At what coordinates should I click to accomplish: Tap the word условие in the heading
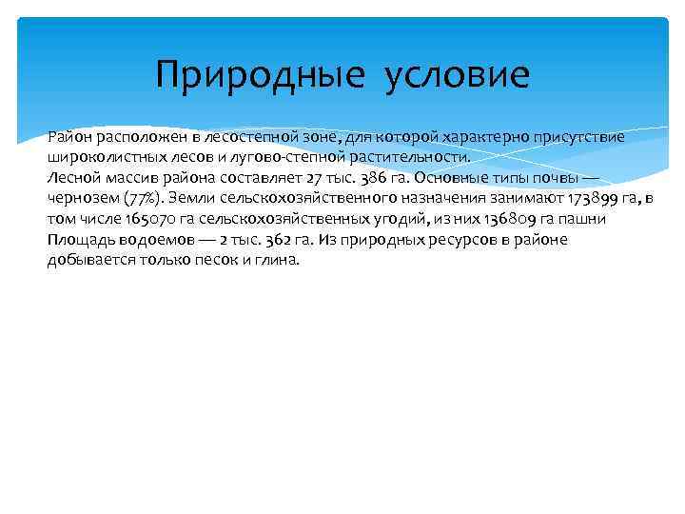[458, 74]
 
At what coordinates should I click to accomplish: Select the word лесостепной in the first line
[269, 137]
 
